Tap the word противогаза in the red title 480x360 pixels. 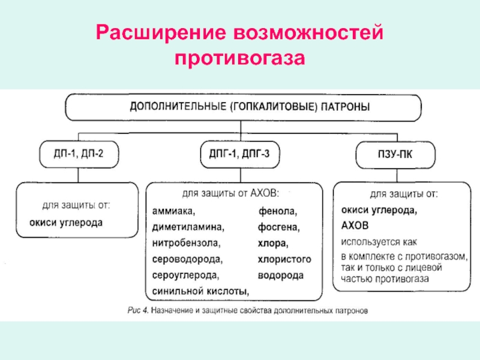pyautogui.click(x=240, y=59)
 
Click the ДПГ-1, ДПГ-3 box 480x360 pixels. pyautogui.click(x=240, y=154)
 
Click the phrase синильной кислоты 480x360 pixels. pyautogui.click(x=200, y=291)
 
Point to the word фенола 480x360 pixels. pyautogui.click(x=278, y=212)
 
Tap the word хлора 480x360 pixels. pyautogui.click(x=273, y=244)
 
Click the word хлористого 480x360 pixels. pyautogui.click(x=284, y=259)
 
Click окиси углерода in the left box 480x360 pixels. pyautogui.click(x=66, y=222)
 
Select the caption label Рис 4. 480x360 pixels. pyautogui.click(x=137, y=311)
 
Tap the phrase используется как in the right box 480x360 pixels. pyautogui.click(x=379, y=242)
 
